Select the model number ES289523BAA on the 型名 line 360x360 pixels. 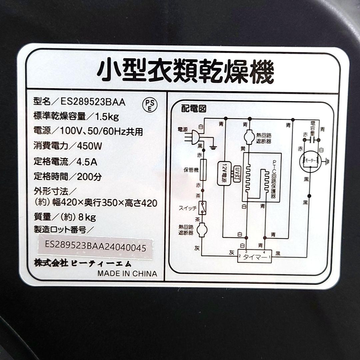tap(93, 102)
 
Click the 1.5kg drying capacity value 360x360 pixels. tap(107, 116)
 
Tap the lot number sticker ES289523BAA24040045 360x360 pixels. tap(95, 248)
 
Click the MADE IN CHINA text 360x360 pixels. tap(127, 274)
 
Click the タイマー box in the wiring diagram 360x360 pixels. tap(254, 257)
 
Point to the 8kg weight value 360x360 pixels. tap(87, 217)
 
